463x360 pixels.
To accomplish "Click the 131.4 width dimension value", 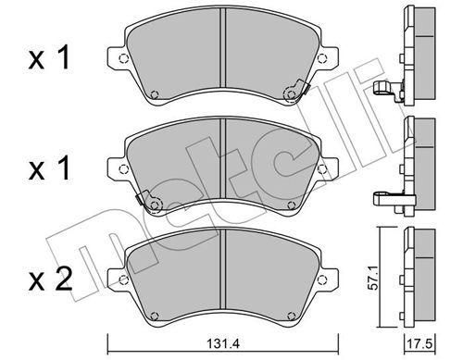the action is point(222,343).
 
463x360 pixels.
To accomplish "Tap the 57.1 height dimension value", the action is point(374,280).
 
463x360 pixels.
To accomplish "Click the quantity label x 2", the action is point(51,280).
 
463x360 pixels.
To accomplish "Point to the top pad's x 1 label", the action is point(49,58).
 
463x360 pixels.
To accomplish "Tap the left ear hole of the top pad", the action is point(123,58).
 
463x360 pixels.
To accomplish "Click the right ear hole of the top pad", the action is point(322,58).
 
